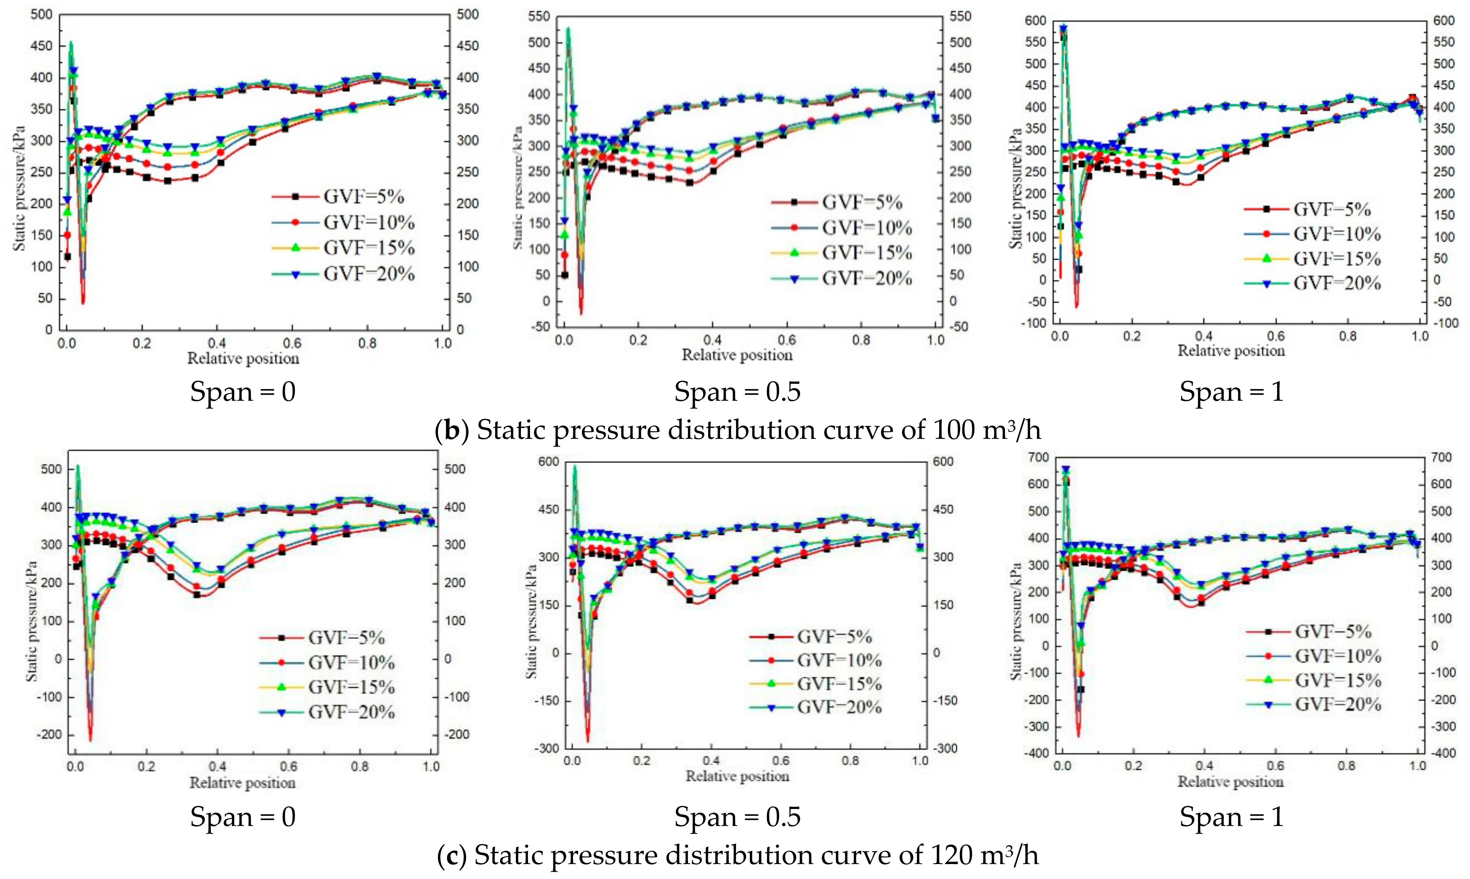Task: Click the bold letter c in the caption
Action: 452,855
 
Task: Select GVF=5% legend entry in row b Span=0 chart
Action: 363,197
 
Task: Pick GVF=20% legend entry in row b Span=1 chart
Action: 1337,283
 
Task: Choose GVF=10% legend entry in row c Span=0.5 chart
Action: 839,660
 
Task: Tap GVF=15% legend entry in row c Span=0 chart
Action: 351,687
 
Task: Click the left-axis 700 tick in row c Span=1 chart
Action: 1040,457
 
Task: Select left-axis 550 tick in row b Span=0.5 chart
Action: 539,17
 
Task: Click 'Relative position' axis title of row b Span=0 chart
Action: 243,358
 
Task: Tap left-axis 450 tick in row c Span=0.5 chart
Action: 548,509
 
